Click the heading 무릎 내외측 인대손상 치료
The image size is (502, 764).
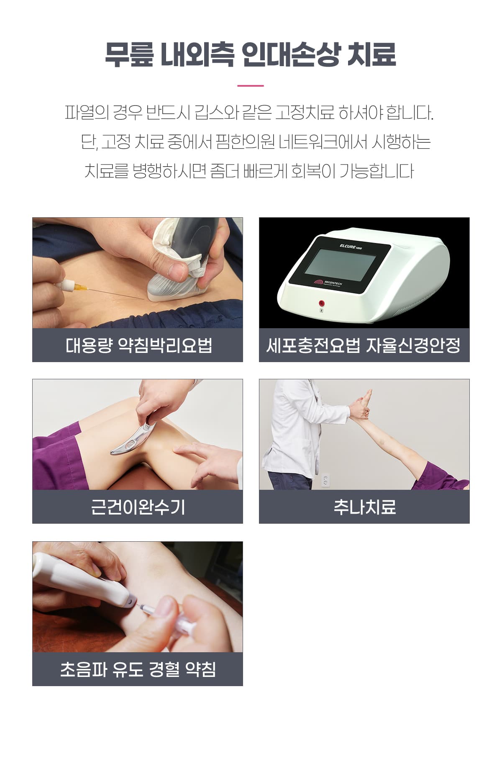tap(250, 54)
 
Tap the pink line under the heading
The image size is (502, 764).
tap(251, 86)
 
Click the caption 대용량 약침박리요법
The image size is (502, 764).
tap(138, 345)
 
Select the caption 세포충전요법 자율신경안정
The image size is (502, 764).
tap(364, 345)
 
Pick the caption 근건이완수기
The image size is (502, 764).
tap(138, 507)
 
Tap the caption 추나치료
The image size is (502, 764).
tap(364, 507)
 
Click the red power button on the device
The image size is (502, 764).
tap(321, 303)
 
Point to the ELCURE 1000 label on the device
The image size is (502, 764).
tap(351, 247)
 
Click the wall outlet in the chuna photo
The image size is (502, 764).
tap(325, 481)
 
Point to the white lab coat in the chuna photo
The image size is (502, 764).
tap(293, 431)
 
